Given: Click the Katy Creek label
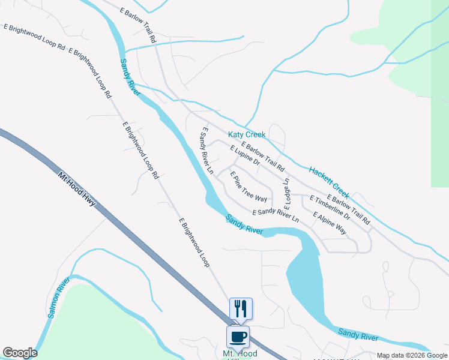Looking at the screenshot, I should tap(246, 135).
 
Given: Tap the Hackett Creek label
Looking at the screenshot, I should tap(329, 182).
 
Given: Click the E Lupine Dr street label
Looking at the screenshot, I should tap(244, 155).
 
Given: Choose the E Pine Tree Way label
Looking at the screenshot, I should tap(249, 186).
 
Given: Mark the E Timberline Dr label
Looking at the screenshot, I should tap(329, 207).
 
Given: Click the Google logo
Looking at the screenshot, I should tap(20, 353).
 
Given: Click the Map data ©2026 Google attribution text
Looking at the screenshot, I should tap(412, 356).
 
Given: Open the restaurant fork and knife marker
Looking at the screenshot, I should tap(241, 308).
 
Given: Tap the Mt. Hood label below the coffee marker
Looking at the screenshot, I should tap(240, 354).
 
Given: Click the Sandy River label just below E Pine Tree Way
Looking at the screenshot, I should tap(244, 224).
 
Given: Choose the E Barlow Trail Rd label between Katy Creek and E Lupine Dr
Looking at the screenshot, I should tap(262, 155).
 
